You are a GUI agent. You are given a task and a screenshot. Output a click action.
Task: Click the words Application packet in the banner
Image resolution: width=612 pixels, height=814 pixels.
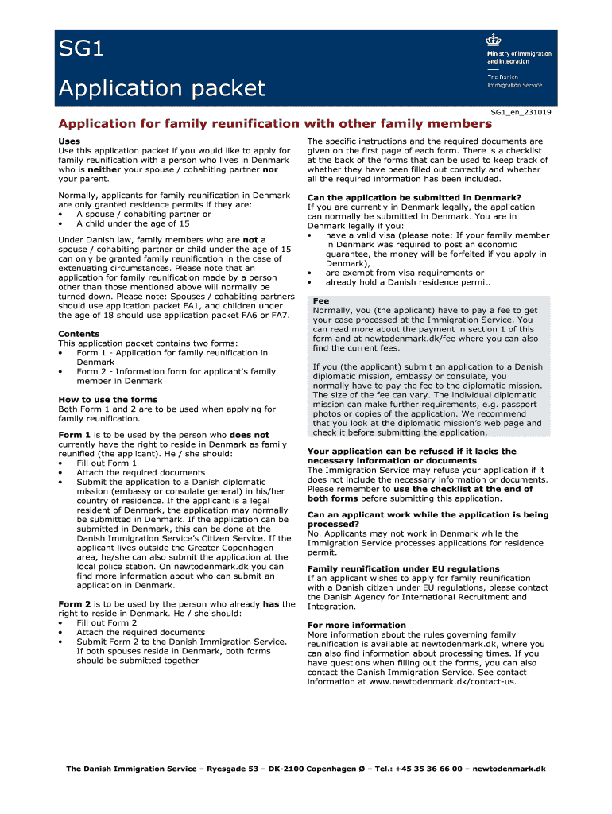point(161,87)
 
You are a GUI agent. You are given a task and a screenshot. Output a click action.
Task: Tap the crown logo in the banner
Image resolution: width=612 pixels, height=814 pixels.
point(494,41)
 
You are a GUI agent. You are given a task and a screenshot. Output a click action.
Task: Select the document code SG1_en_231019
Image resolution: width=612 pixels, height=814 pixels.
point(521,112)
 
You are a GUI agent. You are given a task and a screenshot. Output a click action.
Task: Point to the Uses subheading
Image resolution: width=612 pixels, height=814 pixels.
point(69,141)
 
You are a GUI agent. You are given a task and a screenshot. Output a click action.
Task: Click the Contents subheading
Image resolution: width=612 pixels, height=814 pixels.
point(79,334)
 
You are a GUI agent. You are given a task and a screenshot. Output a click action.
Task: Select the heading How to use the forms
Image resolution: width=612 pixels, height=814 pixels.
point(108,400)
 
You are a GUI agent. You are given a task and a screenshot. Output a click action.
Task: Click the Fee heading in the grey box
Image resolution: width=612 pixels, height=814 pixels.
point(321,301)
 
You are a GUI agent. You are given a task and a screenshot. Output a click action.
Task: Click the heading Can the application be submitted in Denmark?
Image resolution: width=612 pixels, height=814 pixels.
point(414,197)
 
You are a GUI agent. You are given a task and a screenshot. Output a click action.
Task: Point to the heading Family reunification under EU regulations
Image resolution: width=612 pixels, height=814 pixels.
point(403,568)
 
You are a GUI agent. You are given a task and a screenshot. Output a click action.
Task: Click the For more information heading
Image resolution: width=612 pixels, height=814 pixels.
point(356,625)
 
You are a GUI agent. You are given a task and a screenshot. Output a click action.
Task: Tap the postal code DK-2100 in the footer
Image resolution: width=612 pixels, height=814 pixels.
point(295,769)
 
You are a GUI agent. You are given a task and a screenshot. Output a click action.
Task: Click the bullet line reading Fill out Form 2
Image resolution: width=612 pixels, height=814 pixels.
point(107,623)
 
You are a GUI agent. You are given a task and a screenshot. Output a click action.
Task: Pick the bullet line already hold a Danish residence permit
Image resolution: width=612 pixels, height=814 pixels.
point(408,282)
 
